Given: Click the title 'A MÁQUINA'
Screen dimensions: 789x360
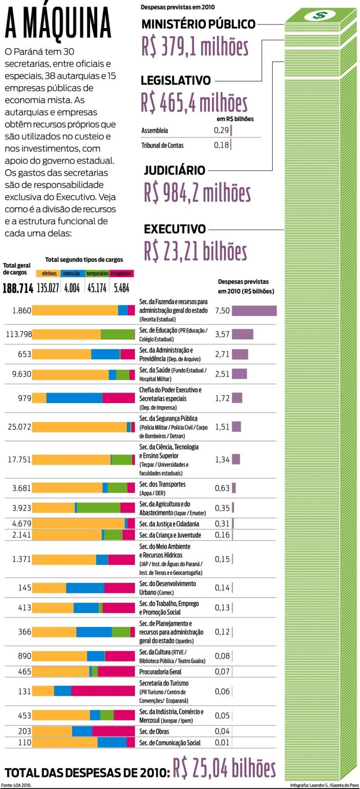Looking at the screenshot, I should click(x=58, y=24).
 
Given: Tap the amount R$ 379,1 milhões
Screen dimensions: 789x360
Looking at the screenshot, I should click(x=195, y=47).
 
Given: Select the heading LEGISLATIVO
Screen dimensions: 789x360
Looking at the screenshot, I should click(x=176, y=81).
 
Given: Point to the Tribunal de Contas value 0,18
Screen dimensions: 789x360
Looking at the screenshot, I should click(x=221, y=145).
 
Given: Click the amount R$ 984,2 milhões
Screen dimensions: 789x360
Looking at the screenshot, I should click(x=197, y=192).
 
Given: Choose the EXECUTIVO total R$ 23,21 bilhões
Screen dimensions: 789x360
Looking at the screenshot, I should click(x=195, y=250).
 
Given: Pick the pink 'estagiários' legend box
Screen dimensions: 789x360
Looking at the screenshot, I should click(x=121, y=274).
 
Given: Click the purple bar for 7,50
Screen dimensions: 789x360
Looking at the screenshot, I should click(x=254, y=311).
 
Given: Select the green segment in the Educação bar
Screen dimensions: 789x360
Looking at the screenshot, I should click(x=117, y=334).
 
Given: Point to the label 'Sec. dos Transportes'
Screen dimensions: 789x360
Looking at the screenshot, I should click(x=163, y=484).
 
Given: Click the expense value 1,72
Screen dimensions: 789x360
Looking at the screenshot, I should click(x=222, y=397).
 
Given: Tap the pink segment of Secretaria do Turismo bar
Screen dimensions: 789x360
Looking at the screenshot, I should click(x=103, y=691).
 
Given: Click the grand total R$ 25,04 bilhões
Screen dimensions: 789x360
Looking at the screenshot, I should click(x=224, y=769).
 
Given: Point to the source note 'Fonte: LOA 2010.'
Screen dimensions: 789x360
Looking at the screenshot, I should click(x=16, y=785).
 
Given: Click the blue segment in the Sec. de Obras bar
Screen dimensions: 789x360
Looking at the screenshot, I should click(x=82, y=731).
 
